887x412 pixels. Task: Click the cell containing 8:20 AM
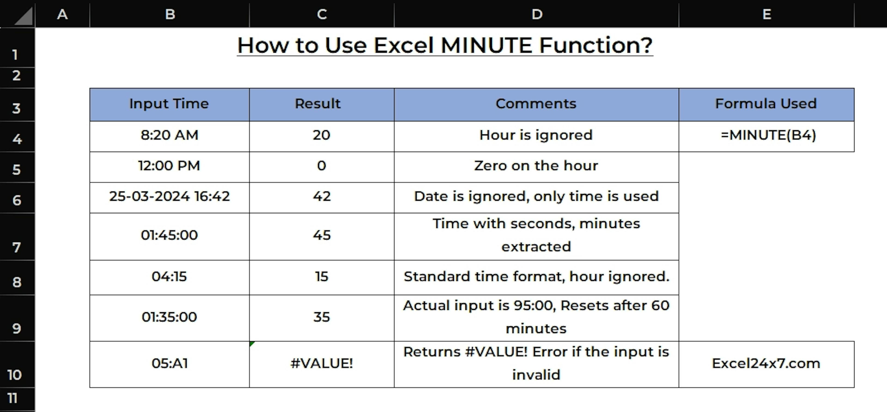pos(169,136)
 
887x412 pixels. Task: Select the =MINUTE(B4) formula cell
pos(766,136)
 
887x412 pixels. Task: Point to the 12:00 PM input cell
pos(169,167)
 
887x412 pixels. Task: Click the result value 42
pos(322,196)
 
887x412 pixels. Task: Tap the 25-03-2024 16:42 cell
pos(169,197)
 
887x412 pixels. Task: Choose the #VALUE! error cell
pos(322,364)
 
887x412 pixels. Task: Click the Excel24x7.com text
pos(766,364)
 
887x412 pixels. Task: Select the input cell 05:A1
pos(169,364)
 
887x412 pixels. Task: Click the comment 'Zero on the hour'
pos(536,166)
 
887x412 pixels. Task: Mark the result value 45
pos(322,235)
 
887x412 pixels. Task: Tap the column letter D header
pos(536,14)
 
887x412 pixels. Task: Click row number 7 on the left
pos(17,237)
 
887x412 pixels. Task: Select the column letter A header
pos(62,14)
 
